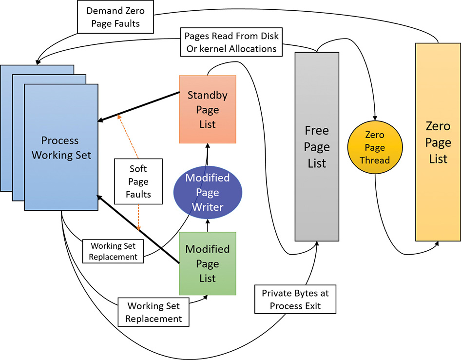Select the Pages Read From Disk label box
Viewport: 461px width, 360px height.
231,42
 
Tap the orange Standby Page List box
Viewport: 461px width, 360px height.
207,109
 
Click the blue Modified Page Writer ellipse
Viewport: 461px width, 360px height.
208,192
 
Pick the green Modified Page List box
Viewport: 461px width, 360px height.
207,263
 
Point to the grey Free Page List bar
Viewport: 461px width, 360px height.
317,146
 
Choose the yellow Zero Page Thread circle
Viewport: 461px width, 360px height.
375,147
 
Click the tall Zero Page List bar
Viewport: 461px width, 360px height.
438,142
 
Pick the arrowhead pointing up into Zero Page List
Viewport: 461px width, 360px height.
437,244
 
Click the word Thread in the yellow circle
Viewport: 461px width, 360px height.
375,160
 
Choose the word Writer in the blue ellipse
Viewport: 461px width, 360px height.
208,206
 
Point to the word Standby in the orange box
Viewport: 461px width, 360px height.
207,95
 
